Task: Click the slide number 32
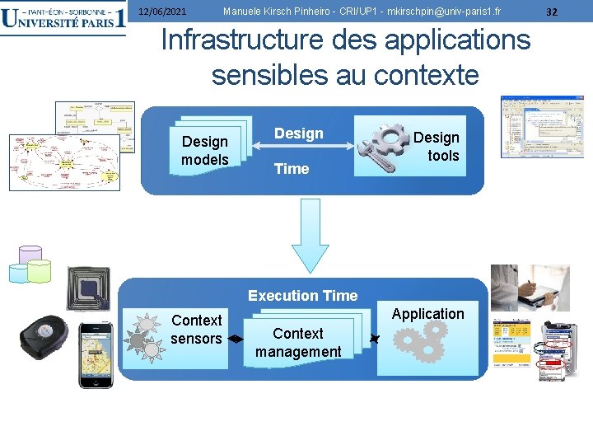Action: (552, 12)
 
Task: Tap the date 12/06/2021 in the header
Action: (161, 12)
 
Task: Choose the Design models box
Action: (205, 150)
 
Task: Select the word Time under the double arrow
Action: (292, 169)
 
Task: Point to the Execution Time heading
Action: (302, 296)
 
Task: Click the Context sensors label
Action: (196, 329)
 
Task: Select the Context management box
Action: (298, 342)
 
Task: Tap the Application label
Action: (427, 314)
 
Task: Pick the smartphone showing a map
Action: (96, 354)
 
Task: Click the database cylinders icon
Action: (30, 264)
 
